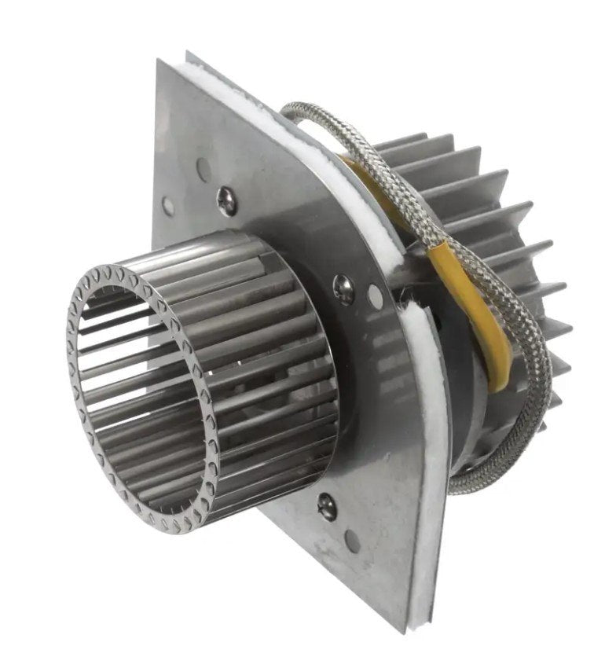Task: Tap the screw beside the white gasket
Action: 343,288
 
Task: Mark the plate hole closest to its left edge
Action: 168,206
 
